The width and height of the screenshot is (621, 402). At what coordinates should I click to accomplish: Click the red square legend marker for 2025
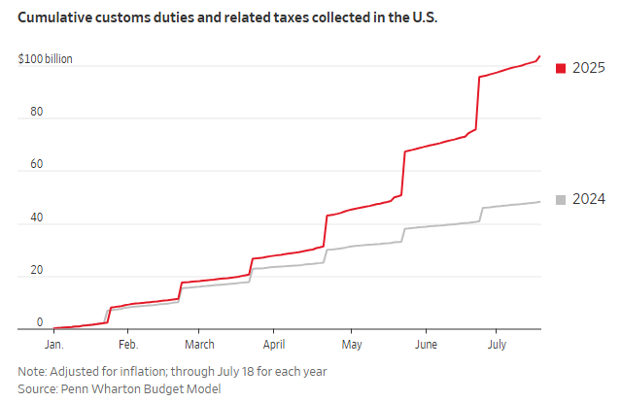pos(560,68)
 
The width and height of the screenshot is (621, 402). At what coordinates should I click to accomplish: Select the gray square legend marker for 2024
pos(560,200)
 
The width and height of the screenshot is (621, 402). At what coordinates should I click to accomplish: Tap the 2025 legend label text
pos(589,68)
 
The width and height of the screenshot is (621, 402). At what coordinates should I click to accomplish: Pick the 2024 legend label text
pos(589,200)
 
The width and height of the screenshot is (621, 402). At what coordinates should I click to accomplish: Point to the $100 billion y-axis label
pos(45,60)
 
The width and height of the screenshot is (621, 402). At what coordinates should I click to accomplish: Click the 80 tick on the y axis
pos(36,112)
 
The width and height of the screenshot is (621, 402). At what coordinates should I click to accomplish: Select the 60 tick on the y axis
pos(36,164)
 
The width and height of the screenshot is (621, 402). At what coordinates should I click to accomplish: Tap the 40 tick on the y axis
pos(36,217)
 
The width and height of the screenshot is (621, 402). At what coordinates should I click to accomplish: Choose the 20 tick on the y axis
pos(36,269)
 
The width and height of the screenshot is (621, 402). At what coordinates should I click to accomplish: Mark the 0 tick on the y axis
pos(40,321)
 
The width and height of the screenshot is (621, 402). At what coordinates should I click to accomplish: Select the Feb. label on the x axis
pos(127,345)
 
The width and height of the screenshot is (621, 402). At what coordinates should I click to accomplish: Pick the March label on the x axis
pos(199,345)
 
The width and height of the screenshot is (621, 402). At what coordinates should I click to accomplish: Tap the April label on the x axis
pos(273,345)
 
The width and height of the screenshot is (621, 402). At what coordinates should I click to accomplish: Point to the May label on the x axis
pos(352,345)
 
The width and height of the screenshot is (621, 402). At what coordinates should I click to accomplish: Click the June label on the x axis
pos(425,345)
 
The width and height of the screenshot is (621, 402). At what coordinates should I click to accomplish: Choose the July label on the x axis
pos(497,345)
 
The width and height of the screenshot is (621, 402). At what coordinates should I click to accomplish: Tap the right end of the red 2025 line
pos(540,56)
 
